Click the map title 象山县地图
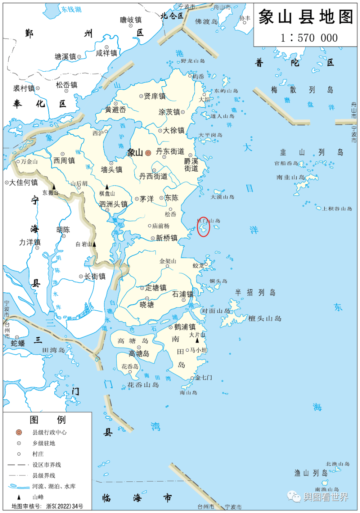pyautogui.click(x=306, y=17)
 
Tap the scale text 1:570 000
pyautogui.click(x=309, y=38)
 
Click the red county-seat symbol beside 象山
pyautogui.click(x=148, y=153)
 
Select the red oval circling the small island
pyautogui.click(x=203, y=227)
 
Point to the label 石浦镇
pyautogui.click(x=183, y=294)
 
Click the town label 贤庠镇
pyautogui.click(x=154, y=96)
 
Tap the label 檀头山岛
pyautogui.click(x=265, y=319)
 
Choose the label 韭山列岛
pyautogui.click(x=311, y=152)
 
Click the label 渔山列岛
pyautogui.click(x=311, y=473)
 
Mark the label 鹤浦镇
pyautogui.click(x=185, y=327)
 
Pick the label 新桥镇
pyautogui.click(x=166, y=238)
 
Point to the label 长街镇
pyautogui.click(x=95, y=277)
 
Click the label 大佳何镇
pyautogui.click(x=23, y=183)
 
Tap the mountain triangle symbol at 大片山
pyautogui.click(x=197, y=340)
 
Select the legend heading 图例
pyautogui.click(x=48, y=420)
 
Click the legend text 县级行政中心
pyautogui.click(x=49, y=432)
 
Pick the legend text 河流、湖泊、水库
pyautogui.click(x=54, y=486)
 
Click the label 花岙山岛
pyautogui.click(x=143, y=385)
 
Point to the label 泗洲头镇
pyautogui.click(x=113, y=204)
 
